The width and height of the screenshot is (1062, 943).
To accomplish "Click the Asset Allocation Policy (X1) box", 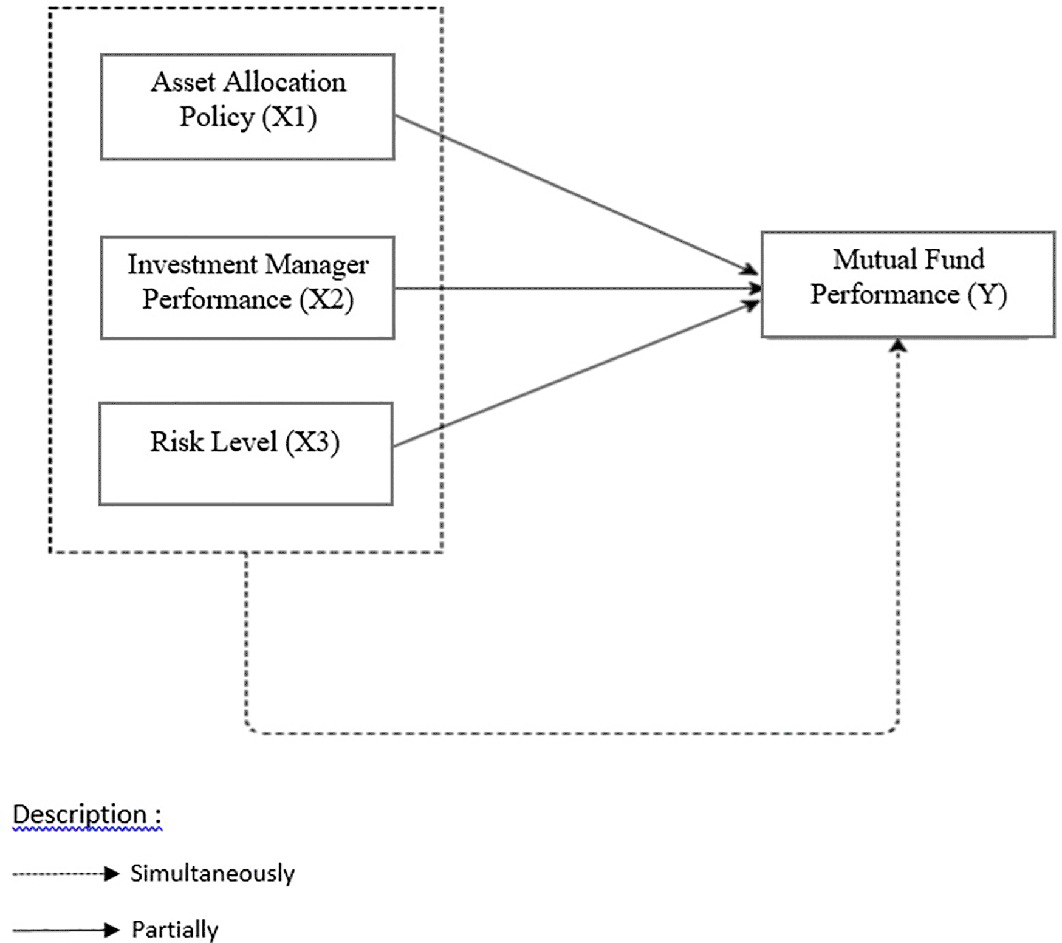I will click(247, 107).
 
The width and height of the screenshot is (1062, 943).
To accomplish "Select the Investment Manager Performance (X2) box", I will click(247, 287).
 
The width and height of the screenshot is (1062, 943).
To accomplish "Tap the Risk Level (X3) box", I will click(245, 454).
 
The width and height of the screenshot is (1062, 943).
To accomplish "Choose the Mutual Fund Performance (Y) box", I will click(908, 284).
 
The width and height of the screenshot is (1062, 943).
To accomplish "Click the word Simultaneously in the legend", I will click(212, 873).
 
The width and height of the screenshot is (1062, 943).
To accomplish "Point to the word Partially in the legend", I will click(175, 929).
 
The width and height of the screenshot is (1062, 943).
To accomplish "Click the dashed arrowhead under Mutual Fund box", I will click(898, 346).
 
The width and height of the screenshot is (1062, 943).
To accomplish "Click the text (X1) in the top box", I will click(290, 117).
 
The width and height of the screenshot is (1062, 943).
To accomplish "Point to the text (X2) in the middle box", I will click(326, 300).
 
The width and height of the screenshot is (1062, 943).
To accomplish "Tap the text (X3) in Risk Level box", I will click(312, 442).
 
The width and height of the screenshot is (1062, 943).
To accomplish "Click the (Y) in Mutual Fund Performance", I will click(987, 295).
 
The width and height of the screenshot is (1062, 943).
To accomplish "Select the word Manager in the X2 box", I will click(317, 265).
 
